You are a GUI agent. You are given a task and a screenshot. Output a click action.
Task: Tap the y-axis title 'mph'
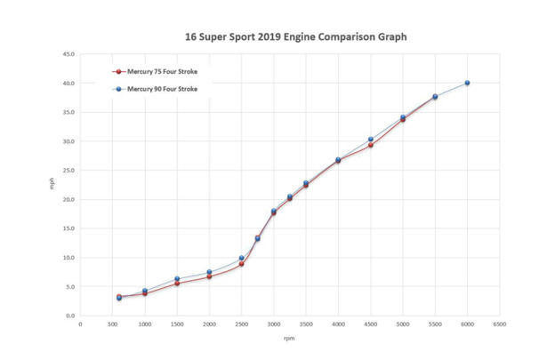click(51, 186)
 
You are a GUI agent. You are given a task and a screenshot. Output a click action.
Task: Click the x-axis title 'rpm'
click(290, 339)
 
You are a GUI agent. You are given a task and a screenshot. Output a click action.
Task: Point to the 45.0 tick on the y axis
click(68, 54)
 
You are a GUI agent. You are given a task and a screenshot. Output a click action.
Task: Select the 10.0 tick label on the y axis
click(68, 258)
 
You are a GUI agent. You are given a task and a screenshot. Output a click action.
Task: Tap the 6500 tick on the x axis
click(500, 324)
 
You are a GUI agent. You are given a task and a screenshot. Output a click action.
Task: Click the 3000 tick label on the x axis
click(274, 324)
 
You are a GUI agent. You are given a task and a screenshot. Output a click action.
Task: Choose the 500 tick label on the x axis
click(113, 324)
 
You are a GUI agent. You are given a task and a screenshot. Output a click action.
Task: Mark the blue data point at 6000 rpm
click(467, 83)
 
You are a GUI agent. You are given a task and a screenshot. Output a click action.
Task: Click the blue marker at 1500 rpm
click(177, 279)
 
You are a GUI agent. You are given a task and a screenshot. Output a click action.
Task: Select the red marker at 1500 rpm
click(177, 284)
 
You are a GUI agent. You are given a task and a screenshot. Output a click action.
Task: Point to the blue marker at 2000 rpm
click(209, 272)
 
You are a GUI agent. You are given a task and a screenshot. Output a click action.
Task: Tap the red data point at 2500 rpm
click(241, 264)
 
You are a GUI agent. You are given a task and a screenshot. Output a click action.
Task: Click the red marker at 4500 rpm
click(371, 145)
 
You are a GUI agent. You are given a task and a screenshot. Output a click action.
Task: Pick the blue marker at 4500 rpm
click(371, 140)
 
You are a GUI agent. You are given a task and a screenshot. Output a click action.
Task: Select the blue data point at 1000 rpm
click(145, 291)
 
